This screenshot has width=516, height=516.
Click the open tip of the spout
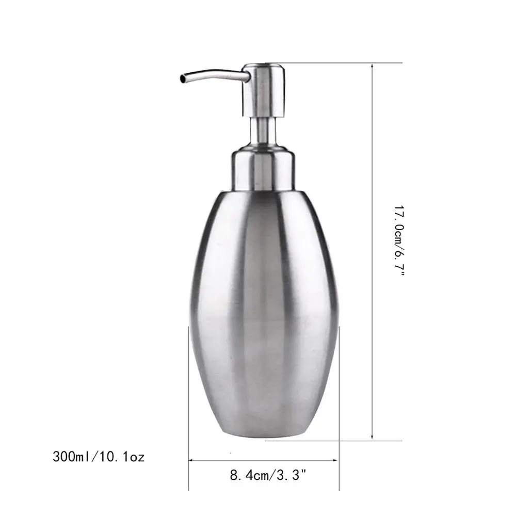(x=182, y=78)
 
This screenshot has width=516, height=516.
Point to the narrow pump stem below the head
(x=264, y=131)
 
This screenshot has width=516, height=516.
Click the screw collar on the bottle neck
(x=264, y=168)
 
